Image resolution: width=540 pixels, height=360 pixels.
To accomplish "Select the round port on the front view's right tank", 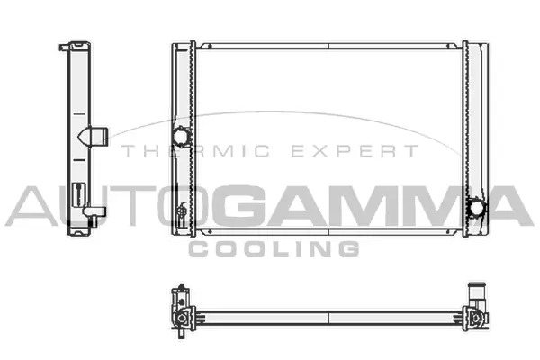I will (474, 208).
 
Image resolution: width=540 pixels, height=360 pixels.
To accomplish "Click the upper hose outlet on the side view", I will (95, 136).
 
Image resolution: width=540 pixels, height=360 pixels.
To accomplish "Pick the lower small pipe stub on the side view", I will (98, 211).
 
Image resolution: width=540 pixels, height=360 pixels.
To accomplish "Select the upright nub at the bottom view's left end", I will (181, 293).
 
